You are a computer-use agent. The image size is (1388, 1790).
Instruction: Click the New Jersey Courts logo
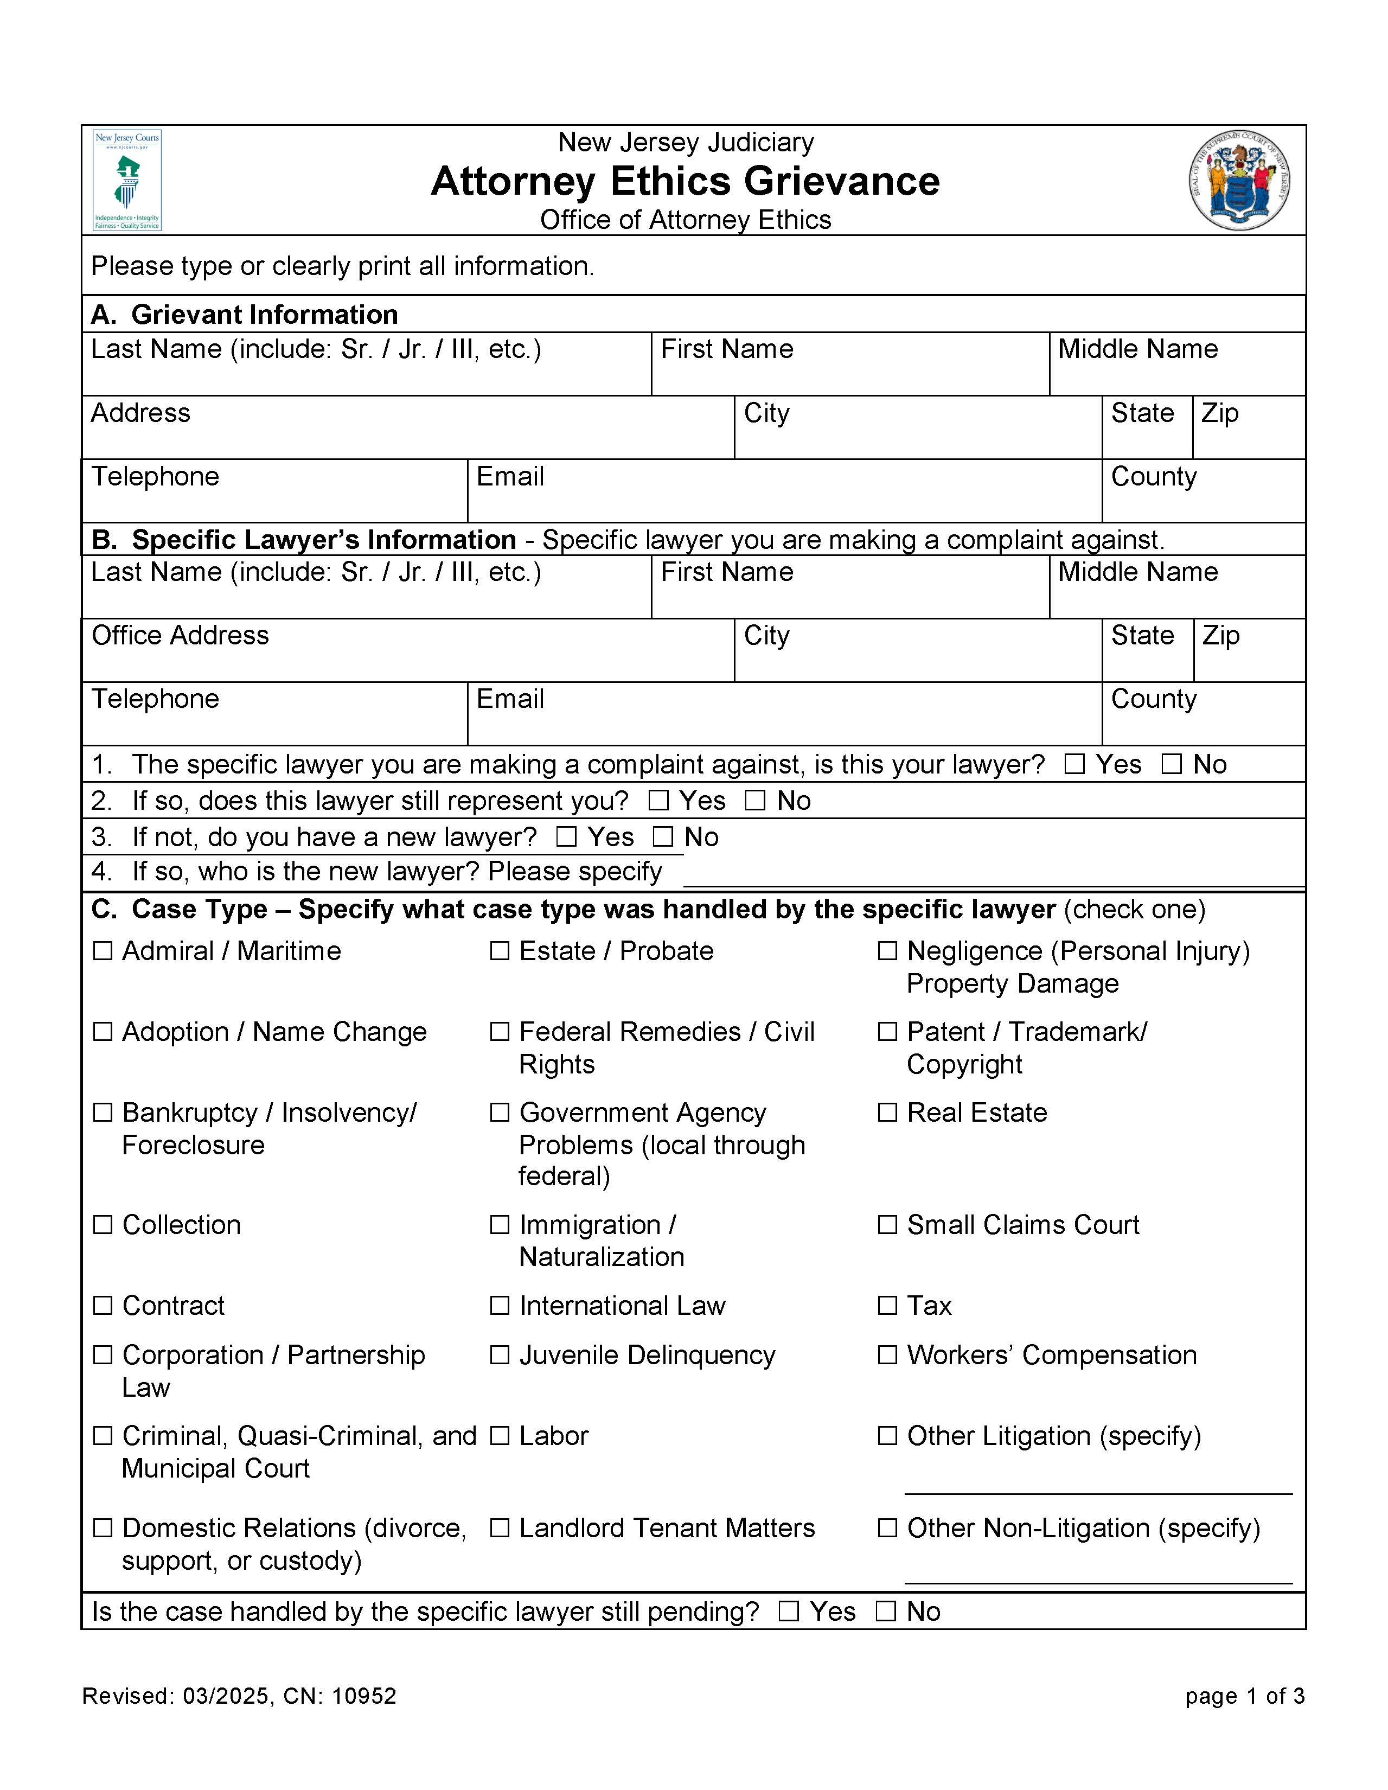click(127, 180)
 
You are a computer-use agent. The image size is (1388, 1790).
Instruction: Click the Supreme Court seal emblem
click(1240, 180)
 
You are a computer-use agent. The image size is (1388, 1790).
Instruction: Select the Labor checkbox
click(499, 1436)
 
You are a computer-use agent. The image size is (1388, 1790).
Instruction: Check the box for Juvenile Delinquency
click(499, 1355)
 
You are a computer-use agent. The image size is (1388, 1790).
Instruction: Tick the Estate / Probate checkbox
click(499, 951)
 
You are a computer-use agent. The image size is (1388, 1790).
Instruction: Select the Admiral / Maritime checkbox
click(103, 951)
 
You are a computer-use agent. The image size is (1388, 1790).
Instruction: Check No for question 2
click(754, 800)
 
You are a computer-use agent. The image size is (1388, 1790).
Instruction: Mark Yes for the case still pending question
click(788, 1612)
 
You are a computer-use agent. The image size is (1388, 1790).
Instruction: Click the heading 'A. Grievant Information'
click(244, 315)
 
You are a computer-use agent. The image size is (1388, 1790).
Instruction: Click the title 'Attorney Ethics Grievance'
click(685, 181)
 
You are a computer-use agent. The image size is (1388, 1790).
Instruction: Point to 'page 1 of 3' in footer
click(1244, 1696)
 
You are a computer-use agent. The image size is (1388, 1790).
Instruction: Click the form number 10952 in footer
click(364, 1696)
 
